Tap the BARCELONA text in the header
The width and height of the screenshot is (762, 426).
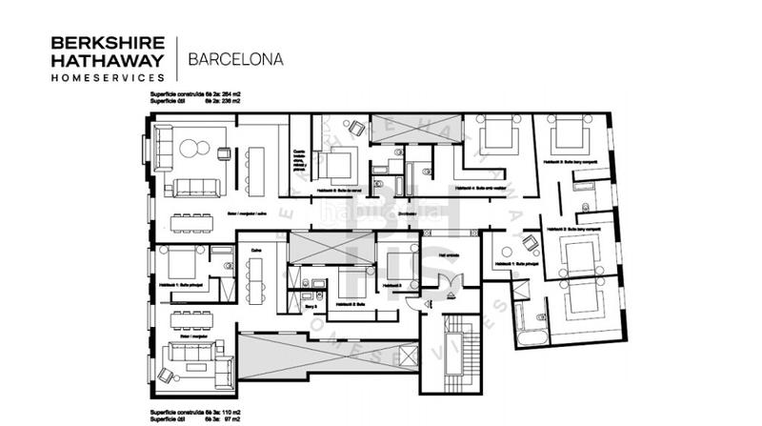point(235,58)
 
